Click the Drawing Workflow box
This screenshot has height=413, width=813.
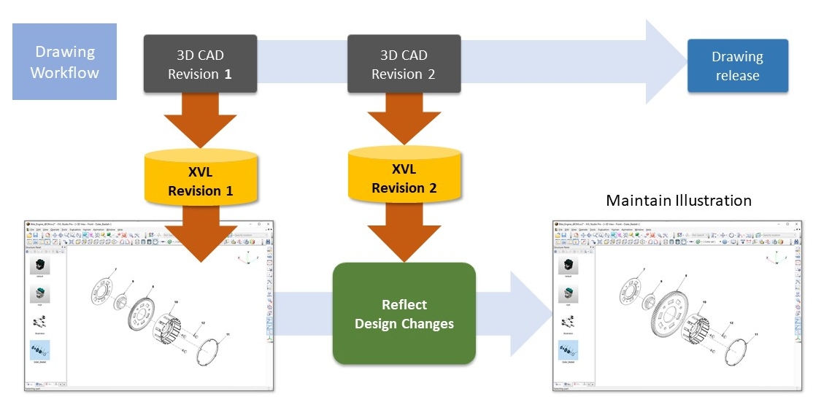[64, 62]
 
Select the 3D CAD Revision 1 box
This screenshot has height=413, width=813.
[200, 64]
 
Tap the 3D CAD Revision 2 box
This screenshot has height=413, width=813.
[403, 64]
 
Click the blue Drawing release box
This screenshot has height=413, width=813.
[737, 66]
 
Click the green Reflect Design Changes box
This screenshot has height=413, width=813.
[404, 314]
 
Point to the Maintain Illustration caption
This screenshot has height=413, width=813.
[678, 200]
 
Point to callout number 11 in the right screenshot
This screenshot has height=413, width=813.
[756, 333]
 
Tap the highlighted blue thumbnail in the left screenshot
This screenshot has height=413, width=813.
[39, 350]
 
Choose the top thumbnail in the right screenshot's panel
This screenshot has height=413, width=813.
[569, 265]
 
